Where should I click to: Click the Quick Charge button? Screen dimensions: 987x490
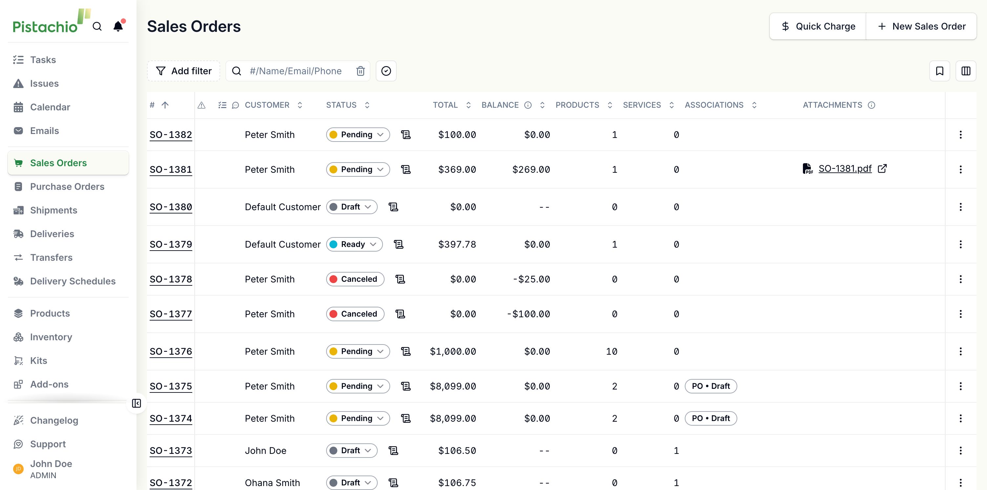coord(818,27)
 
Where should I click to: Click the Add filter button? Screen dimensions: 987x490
coord(183,71)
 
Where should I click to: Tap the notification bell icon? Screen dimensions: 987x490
coord(118,26)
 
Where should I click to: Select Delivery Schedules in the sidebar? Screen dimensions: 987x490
coord(73,281)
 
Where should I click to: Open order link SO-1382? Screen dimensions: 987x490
coord(171,135)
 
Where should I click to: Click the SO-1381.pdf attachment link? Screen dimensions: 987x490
coord(845,169)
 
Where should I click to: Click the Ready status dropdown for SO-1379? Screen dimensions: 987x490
coord(354,244)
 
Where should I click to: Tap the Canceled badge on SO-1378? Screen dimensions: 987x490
coord(355,279)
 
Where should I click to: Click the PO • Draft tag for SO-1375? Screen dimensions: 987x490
coord(711,386)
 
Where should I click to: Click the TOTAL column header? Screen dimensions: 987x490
coord(445,105)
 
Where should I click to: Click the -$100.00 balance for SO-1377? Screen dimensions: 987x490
coord(528,314)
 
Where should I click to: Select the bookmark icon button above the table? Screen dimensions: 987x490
coord(939,71)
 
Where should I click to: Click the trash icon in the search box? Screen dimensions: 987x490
coord(361,71)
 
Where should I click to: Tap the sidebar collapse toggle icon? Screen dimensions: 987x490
coord(136,403)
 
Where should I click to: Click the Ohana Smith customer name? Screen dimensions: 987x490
coord(272,483)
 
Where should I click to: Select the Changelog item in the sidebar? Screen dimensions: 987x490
coord(54,420)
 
